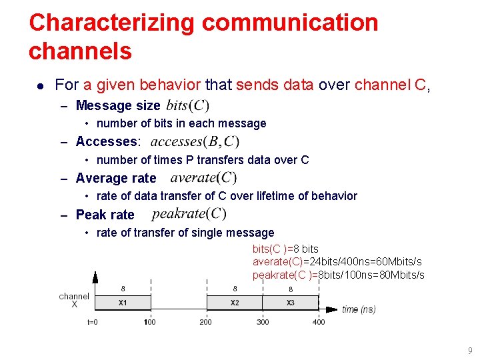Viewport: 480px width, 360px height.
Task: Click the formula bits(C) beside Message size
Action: click(x=187, y=105)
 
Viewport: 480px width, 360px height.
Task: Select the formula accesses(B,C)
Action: click(x=195, y=141)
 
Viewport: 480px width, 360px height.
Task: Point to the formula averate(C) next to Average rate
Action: click(x=203, y=177)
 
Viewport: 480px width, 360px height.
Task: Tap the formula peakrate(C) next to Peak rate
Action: click(x=189, y=214)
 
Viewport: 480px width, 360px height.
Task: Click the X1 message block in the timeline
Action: click(x=123, y=303)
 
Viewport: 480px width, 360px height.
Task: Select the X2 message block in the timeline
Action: click(x=235, y=303)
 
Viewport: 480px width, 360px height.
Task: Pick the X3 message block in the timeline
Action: click(x=291, y=303)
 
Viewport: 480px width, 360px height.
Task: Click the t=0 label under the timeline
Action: click(x=93, y=322)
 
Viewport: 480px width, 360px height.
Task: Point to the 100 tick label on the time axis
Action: click(x=151, y=322)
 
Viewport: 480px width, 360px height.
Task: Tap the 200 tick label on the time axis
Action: click(x=206, y=322)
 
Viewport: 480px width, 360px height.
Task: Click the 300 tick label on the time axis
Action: click(x=263, y=322)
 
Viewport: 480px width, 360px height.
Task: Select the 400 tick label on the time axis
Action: click(x=319, y=322)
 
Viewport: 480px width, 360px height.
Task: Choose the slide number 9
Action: click(x=470, y=350)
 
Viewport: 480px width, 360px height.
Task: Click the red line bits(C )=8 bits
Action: click(x=285, y=249)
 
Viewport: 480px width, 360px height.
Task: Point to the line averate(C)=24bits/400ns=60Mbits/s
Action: click(x=337, y=261)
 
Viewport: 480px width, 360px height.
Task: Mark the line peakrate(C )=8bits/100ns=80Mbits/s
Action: click(x=338, y=275)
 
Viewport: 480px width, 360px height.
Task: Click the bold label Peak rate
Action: click(x=105, y=215)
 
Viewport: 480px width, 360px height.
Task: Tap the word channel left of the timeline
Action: click(x=74, y=296)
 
